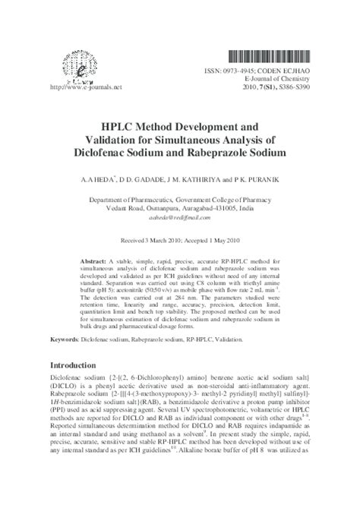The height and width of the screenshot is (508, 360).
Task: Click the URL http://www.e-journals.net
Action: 74,87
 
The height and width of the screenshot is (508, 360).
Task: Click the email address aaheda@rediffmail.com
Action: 179,217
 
